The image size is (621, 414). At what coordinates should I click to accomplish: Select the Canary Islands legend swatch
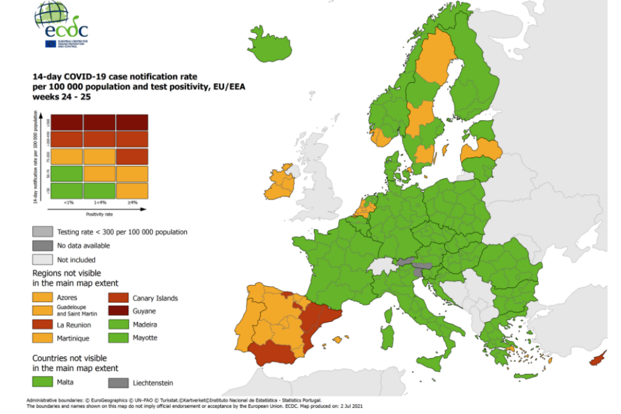(118, 298)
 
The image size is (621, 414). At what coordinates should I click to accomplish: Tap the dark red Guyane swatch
(118, 311)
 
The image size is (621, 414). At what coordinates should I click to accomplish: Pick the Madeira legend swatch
(118, 325)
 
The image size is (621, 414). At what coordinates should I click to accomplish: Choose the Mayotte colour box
(118, 338)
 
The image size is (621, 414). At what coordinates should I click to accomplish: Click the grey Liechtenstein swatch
(118, 382)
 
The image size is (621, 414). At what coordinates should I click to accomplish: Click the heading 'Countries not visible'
(75, 357)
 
